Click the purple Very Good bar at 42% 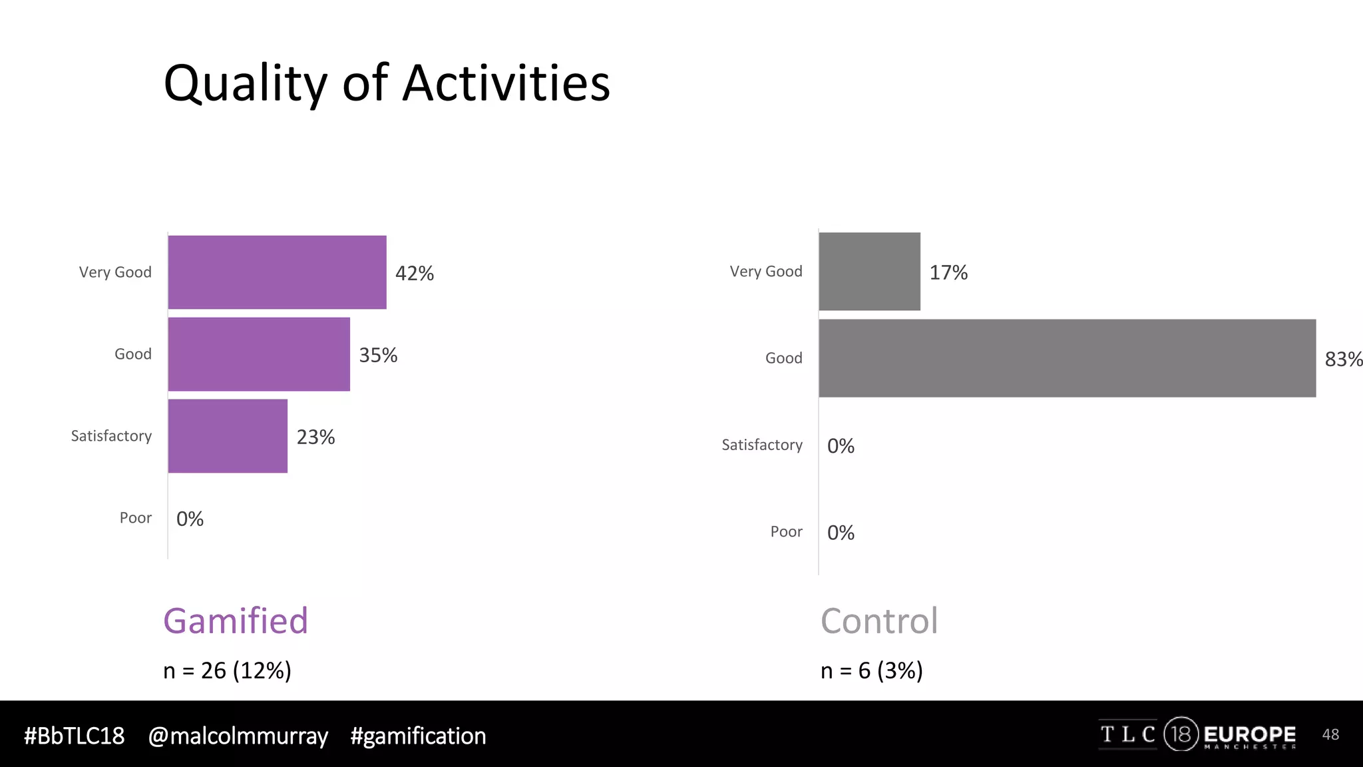[277, 272]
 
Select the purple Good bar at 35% [259, 354]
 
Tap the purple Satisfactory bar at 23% [228, 436]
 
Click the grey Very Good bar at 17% [869, 272]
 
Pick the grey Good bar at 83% [1067, 358]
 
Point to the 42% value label [414, 274]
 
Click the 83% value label [1343, 360]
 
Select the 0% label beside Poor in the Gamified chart [190, 519]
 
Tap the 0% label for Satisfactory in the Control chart [841, 446]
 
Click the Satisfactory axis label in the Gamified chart [111, 436]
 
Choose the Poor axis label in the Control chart [786, 532]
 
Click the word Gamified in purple [236, 621]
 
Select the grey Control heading [879, 621]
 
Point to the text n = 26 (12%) [227, 670]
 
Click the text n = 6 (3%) [871, 670]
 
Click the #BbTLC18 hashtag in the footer [74, 736]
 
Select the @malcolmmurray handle [238, 736]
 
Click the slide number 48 [1330, 734]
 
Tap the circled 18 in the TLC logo [1181, 734]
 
